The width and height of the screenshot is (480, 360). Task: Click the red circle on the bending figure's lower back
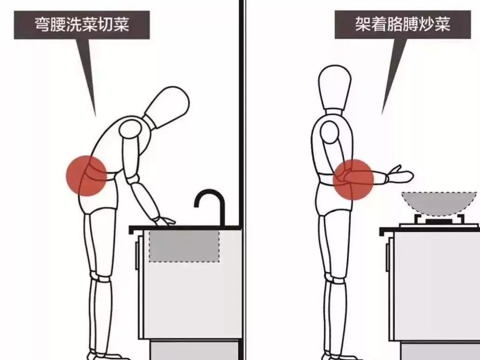(x=86, y=175)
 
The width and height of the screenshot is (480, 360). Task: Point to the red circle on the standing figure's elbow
(x=353, y=180)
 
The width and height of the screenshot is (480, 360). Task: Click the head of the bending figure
(x=167, y=107)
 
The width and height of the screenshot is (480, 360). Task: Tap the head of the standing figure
(x=334, y=87)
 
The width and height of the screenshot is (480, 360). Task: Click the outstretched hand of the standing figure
(x=400, y=175)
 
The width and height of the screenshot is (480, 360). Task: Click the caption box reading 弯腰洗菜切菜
(x=82, y=25)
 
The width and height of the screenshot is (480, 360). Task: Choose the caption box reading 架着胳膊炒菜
(x=403, y=25)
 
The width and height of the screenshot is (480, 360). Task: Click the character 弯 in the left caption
(x=42, y=25)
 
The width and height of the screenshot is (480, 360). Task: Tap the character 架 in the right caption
(x=363, y=24)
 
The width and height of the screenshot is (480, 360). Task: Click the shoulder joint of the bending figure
(x=130, y=129)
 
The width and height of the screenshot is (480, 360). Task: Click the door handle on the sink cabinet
(x=137, y=255)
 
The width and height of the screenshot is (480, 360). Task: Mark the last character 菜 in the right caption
(x=442, y=24)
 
